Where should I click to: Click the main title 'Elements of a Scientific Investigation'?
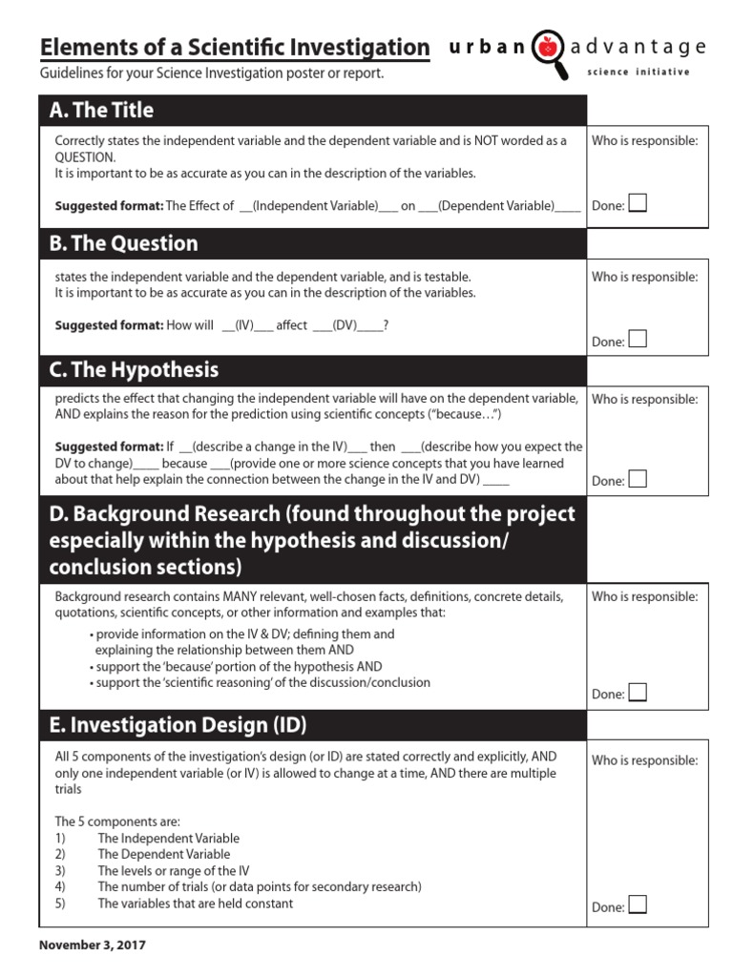235,47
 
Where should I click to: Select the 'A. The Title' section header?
101,111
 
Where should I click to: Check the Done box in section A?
637,203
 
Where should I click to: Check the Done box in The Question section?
637,340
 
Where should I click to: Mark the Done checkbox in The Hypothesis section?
637,479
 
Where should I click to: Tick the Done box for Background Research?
637,693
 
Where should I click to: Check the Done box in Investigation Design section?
637,905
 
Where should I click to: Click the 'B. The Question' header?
124,243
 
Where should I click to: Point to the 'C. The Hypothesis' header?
134,369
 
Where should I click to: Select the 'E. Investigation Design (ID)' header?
178,725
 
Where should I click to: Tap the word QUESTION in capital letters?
85,157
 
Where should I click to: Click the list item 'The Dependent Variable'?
163,854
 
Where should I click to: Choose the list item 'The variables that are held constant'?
195,903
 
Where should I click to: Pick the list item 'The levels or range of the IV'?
173,870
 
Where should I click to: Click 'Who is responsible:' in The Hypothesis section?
644,400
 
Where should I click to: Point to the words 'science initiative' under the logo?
638,73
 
